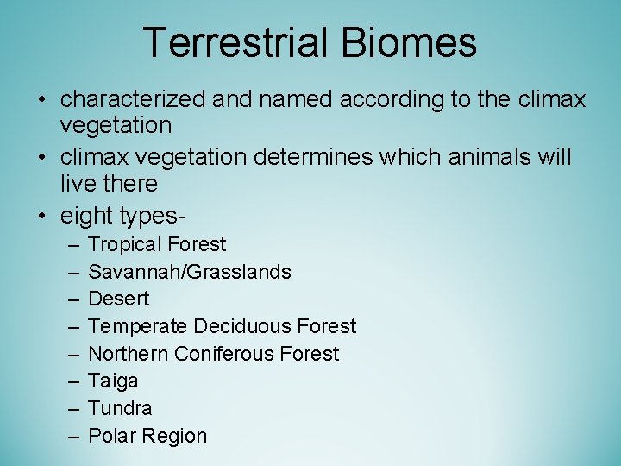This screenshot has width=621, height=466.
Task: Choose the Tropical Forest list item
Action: point(157,244)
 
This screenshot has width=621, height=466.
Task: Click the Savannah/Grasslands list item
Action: point(190,272)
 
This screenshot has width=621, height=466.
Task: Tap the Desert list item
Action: point(119,299)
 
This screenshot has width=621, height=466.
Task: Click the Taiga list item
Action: point(113,381)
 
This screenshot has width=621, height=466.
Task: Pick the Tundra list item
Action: point(120,408)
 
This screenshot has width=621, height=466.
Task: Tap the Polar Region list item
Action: point(147,436)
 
